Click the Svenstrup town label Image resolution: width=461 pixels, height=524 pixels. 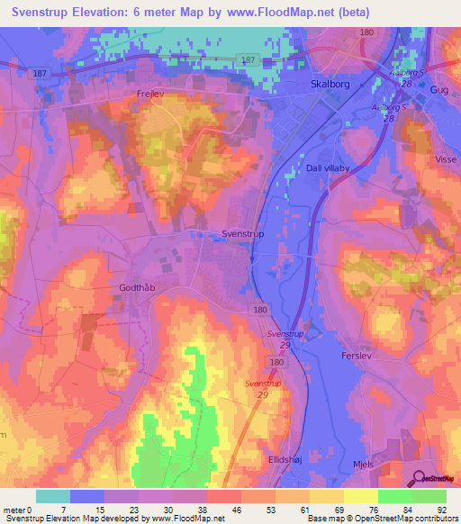[x=242, y=233]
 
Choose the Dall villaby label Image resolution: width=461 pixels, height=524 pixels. [x=332, y=167]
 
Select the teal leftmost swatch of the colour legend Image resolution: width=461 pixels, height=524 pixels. [x=53, y=496]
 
